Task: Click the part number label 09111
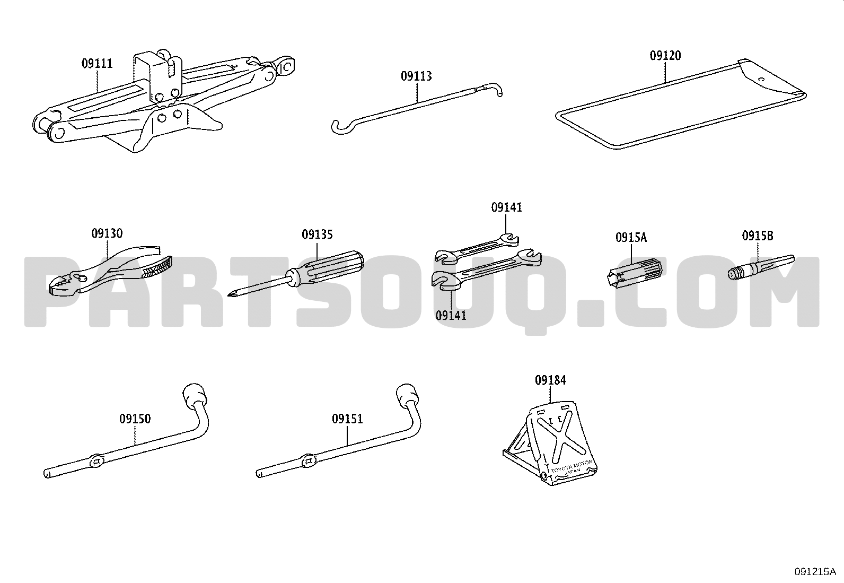coord(97,63)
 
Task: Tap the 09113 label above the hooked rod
coord(416,76)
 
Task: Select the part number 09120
coord(665,56)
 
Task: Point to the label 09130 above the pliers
coord(107,233)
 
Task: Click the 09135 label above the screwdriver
coord(317,234)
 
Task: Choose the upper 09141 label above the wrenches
coord(506,207)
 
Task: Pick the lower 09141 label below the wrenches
coord(451,315)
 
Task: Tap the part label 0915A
coord(631,238)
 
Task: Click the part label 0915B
coord(758,236)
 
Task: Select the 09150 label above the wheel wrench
coord(135,419)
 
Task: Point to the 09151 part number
coord(347,419)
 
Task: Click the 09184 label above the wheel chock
coord(550,380)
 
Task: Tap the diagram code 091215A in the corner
coord(815,572)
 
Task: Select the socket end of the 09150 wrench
coord(195,395)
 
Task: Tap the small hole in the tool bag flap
coord(761,80)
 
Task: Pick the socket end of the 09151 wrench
coord(408,395)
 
